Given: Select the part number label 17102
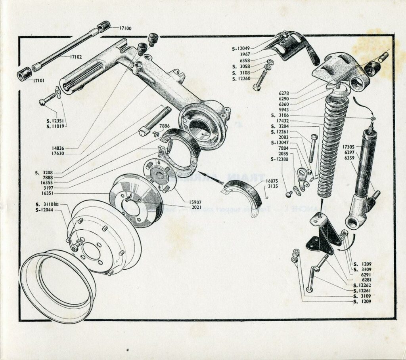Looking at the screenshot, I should [76, 57].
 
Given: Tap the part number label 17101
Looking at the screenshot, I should [38, 81].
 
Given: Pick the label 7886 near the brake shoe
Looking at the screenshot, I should [164, 126].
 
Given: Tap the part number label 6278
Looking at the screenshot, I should [283, 93].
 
